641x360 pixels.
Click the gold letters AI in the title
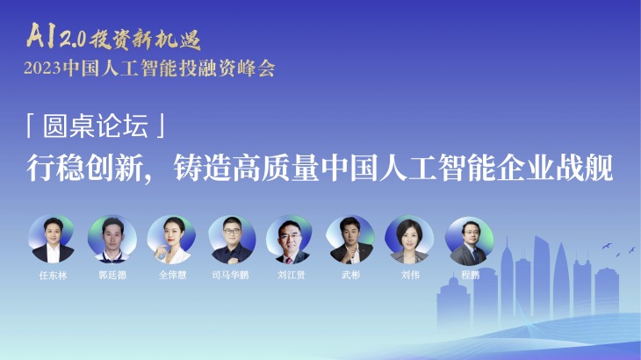click(x=41, y=35)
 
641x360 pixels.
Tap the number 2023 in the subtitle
click(x=42, y=68)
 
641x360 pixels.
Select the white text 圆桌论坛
click(x=96, y=126)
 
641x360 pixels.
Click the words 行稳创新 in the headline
click(x=84, y=168)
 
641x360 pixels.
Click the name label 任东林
click(x=54, y=275)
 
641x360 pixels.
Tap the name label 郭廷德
click(x=112, y=275)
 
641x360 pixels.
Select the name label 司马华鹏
click(x=231, y=275)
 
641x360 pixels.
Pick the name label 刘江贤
click(x=291, y=275)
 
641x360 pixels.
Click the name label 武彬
click(x=350, y=275)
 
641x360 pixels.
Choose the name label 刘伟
click(x=410, y=275)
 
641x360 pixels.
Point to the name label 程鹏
click(x=470, y=275)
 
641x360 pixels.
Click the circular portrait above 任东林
click(x=52, y=239)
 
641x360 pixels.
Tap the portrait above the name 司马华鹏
click(x=232, y=240)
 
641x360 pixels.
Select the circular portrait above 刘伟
click(x=409, y=240)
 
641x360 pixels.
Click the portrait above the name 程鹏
click(x=469, y=241)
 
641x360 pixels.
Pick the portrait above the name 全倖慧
click(x=171, y=240)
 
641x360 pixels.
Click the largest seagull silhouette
click(x=607, y=246)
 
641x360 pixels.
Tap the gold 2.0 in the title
click(x=73, y=39)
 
